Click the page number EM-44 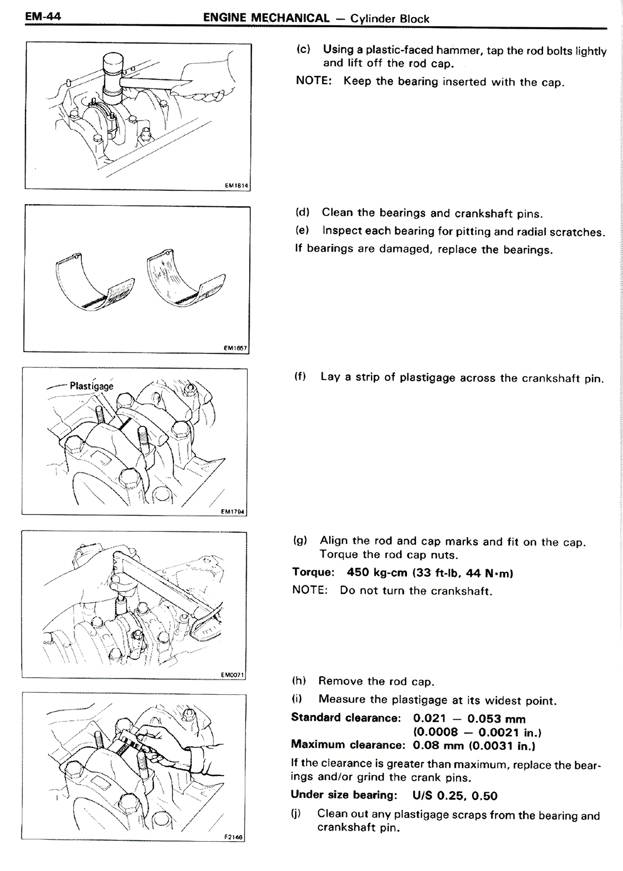(x=43, y=17)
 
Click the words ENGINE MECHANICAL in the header (x=266, y=18)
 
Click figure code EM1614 (x=236, y=185)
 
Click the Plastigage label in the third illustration (x=92, y=386)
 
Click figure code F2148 (x=234, y=837)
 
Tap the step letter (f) (x=300, y=377)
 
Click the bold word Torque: (x=313, y=572)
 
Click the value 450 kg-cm (x=377, y=573)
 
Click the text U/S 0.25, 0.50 (x=455, y=796)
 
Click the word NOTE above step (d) (x=313, y=81)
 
